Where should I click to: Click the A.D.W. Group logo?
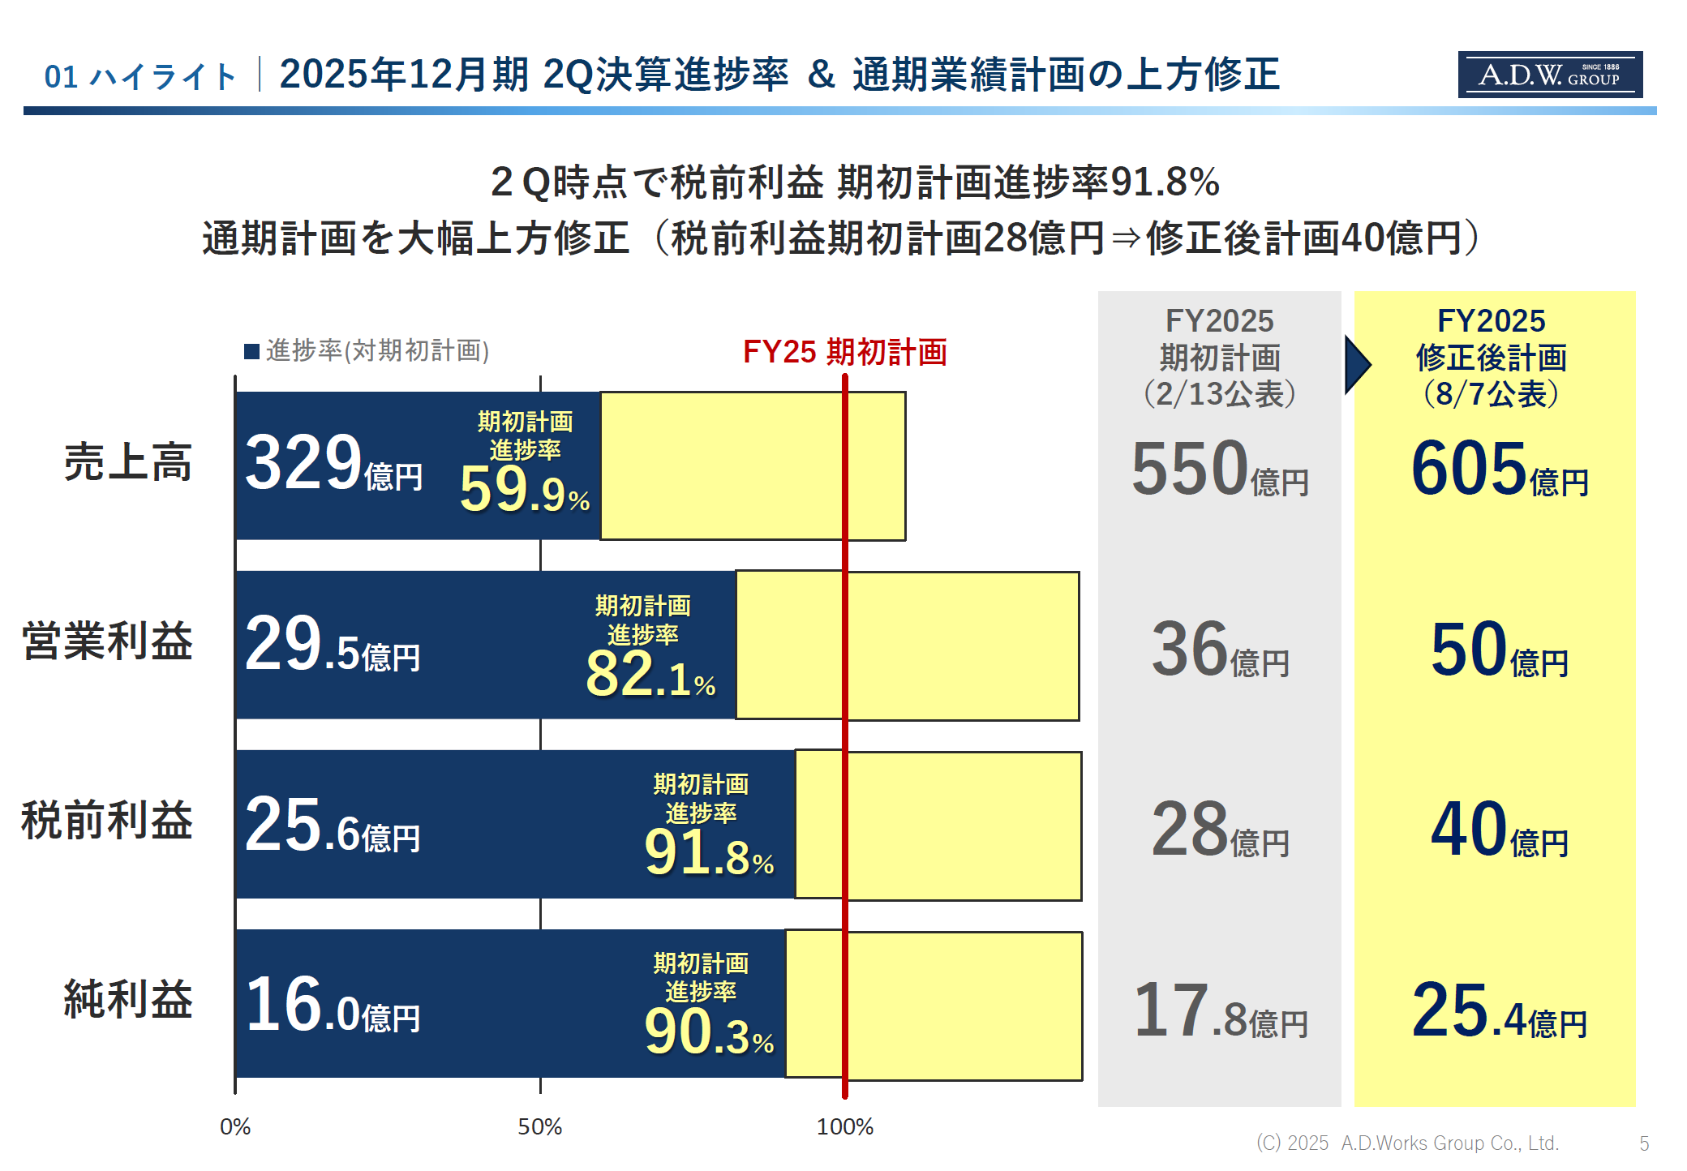1549,75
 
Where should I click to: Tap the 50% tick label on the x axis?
539,1126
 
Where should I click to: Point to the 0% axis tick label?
235,1126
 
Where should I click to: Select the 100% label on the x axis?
844,1126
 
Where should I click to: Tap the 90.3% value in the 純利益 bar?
708,1033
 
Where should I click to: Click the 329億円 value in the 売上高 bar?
333,465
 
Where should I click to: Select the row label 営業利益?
107,641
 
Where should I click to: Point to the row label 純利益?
128,999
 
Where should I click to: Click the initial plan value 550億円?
1219,470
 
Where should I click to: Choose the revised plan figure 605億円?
1499,470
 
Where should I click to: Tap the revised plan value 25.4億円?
1499,1011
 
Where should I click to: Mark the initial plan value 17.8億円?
1219,1011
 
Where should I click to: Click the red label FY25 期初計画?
844,352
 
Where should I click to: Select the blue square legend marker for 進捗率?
251,351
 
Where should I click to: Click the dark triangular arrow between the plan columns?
1357,365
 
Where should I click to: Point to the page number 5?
1644,1143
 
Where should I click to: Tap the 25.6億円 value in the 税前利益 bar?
332,826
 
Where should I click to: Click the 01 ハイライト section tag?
140,77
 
